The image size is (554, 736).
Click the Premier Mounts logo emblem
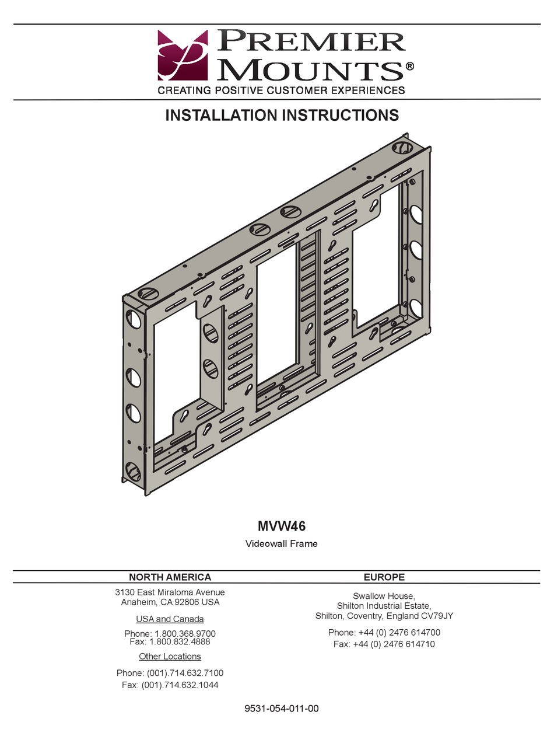click(182, 55)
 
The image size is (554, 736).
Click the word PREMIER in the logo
click(313, 43)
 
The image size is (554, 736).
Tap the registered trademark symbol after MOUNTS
click(409, 67)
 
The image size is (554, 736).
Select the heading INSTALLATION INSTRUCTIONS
click(282, 115)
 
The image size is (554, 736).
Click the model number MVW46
click(282, 526)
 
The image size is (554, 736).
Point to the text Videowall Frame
click(282, 543)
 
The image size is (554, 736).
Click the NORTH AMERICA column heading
click(170, 577)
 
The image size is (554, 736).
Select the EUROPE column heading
click(384, 577)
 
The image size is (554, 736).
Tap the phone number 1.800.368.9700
click(185, 633)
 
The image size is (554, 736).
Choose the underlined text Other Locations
click(170, 657)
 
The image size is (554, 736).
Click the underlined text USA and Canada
click(170, 619)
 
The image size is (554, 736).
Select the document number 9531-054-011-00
click(282, 709)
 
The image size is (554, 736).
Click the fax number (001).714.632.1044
click(180, 685)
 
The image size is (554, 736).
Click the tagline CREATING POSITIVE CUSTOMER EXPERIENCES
click(282, 90)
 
